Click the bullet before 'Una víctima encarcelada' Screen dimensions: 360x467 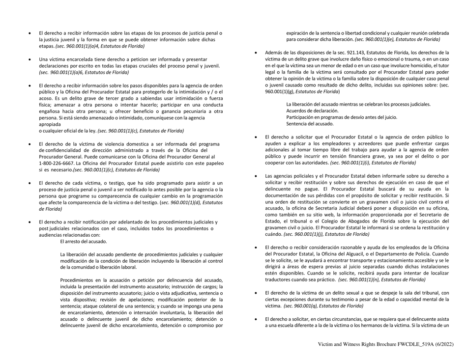point(29,59)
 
